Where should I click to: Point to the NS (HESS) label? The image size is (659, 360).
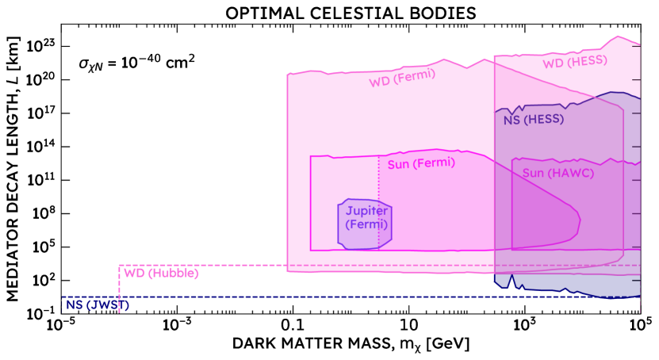[x=533, y=120]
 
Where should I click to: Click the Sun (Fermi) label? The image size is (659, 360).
[x=421, y=163]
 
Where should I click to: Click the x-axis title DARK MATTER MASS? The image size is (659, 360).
[x=349, y=346]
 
